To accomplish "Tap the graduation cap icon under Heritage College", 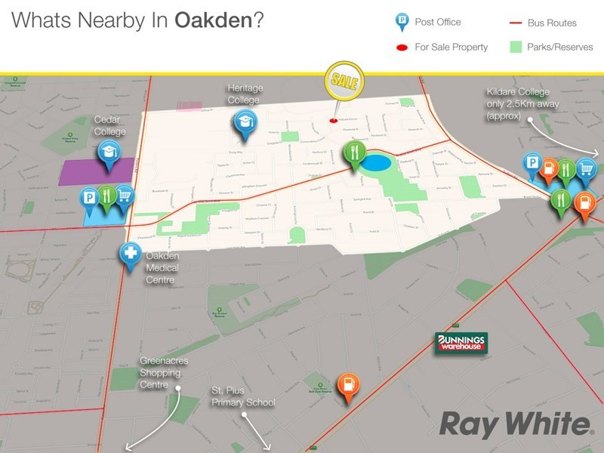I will (244, 122).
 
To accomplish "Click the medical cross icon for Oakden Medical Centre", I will (131, 254).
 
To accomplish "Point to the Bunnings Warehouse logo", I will (461, 344).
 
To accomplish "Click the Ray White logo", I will (516, 424).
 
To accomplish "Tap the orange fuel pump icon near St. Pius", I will (347, 385).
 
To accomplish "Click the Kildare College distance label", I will (522, 104).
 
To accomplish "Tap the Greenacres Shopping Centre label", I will (163, 373).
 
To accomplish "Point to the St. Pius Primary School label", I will (242, 397).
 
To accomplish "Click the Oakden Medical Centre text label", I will (162, 268).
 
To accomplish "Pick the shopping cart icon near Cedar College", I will (123, 196).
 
